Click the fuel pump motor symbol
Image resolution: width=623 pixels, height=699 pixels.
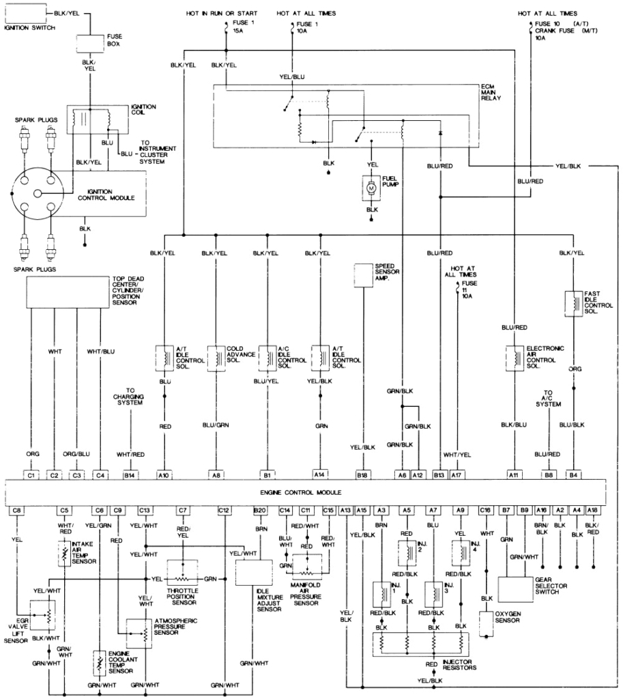pos(371,187)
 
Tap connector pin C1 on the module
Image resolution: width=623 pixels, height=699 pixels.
pos(31,474)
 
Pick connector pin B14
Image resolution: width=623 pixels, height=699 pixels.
pos(129,474)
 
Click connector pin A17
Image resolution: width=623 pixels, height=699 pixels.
pos(457,474)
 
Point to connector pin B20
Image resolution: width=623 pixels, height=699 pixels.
pos(260,509)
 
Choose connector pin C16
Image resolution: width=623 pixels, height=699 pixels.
pos(485,509)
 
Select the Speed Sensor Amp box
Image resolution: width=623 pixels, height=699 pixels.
pos(366,274)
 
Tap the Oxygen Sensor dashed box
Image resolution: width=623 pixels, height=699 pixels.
pos(487,623)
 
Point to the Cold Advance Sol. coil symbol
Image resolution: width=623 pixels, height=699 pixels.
pos(216,357)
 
